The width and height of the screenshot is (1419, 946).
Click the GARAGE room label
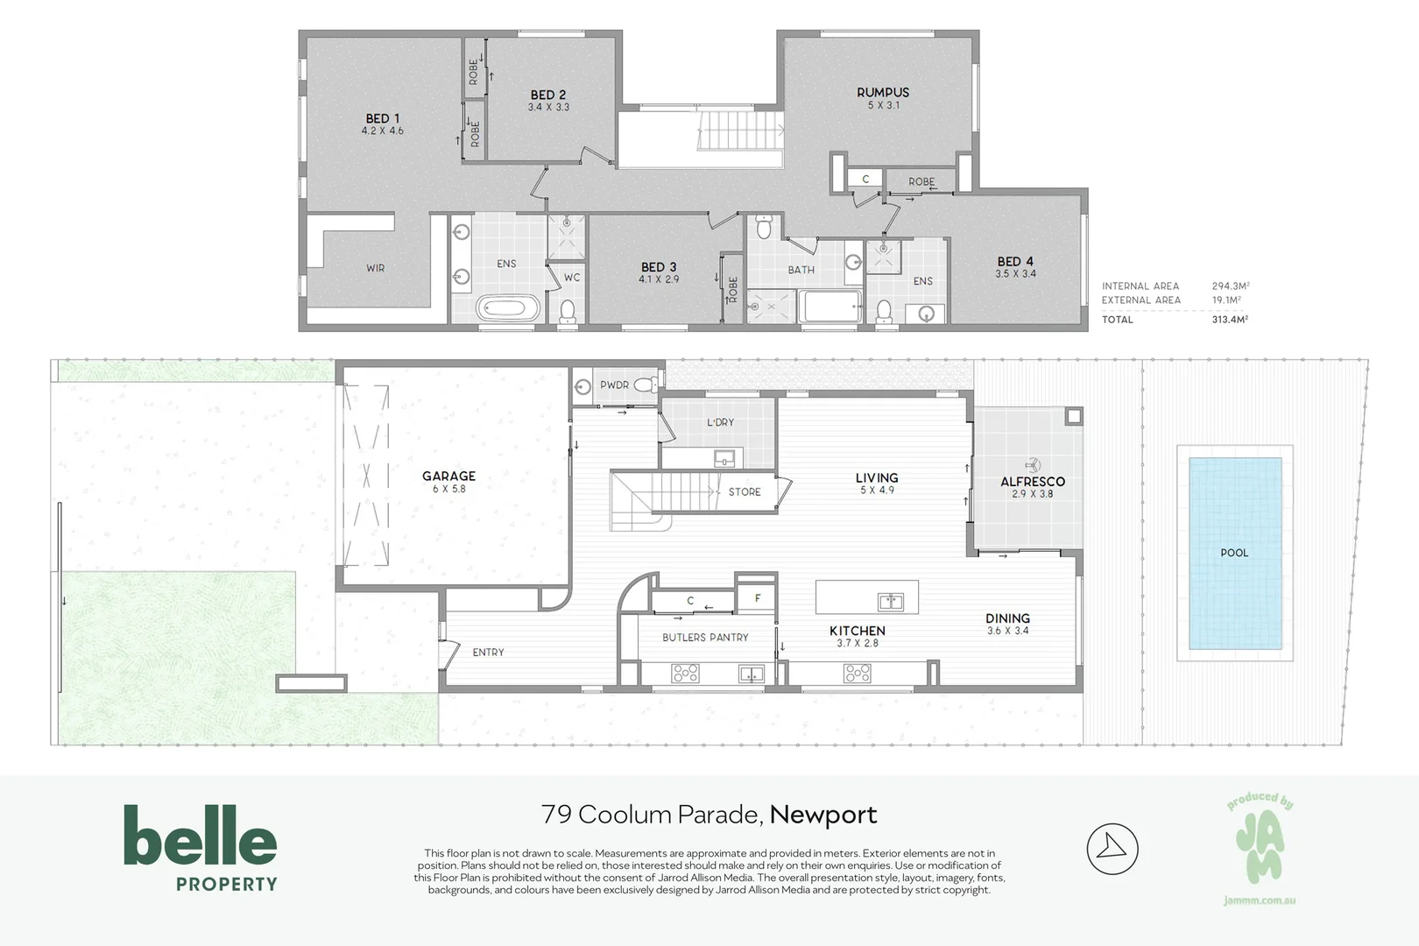coord(448,477)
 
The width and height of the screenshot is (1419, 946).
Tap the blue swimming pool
coord(1234,553)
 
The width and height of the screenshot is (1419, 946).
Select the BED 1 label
coord(383,118)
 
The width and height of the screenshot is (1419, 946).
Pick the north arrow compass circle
coord(1112,848)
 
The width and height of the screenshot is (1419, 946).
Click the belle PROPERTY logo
coord(201,847)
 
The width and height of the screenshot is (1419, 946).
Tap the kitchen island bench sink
coord(890,601)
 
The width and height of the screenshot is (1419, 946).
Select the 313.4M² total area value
coord(1230,320)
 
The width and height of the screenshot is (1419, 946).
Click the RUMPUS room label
coord(882,92)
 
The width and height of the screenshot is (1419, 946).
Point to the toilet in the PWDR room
coord(646,385)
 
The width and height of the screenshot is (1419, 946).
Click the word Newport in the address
coord(823,815)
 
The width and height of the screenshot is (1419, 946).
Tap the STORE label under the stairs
coord(745,492)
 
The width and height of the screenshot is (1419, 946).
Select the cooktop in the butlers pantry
coord(685,673)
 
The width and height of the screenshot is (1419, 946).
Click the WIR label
coord(375,268)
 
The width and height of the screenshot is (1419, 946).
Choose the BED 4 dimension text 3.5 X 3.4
coord(1015,274)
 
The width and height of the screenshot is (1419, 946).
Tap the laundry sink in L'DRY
coord(724,457)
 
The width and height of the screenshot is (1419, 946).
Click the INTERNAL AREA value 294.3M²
coord(1230,286)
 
